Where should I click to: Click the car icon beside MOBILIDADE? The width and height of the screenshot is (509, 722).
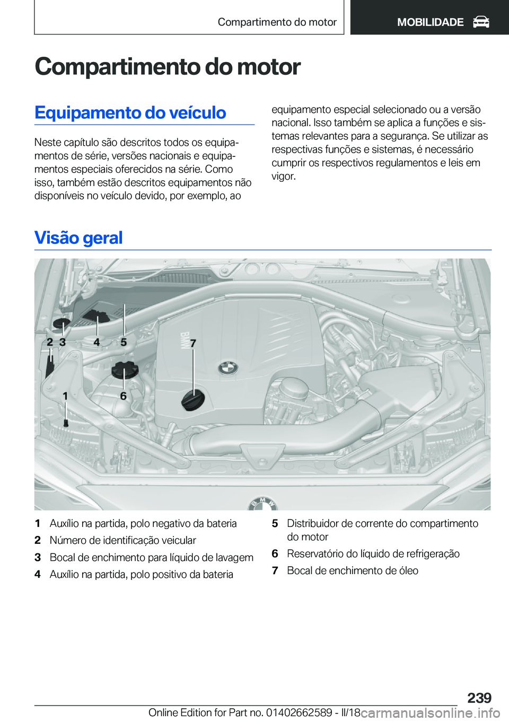pyautogui.click(x=481, y=22)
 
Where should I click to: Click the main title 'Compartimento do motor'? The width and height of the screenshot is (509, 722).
pyautogui.click(x=168, y=67)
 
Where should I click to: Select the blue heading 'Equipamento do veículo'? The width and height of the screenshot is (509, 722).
pyautogui.click(x=130, y=113)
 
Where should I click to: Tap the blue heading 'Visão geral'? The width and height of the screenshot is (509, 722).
pyautogui.click(x=78, y=237)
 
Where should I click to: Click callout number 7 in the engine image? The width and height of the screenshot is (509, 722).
pyautogui.click(x=193, y=344)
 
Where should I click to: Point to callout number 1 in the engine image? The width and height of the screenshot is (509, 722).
pyautogui.click(x=65, y=395)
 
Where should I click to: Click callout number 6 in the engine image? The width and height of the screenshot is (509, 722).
pyautogui.click(x=123, y=395)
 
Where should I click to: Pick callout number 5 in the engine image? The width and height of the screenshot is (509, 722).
pyautogui.click(x=124, y=342)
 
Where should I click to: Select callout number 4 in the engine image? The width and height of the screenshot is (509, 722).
pyautogui.click(x=96, y=342)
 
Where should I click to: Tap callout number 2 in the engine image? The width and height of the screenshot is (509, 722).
pyautogui.click(x=50, y=342)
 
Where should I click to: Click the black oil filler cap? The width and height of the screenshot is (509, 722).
pyautogui.click(x=192, y=400)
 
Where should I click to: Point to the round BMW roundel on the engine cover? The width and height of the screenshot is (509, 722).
pyautogui.click(x=228, y=368)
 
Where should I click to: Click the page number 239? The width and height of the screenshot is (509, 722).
pyautogui.click(x=479, y=698)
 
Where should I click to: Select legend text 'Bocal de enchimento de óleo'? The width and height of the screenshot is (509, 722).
pyautogui.click(x=353, y=570)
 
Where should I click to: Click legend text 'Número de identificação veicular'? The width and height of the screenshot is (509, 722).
pyautogui.click(x=123, y=540)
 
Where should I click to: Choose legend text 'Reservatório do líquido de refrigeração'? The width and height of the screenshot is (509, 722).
pyautogui.click(x=373, y=553)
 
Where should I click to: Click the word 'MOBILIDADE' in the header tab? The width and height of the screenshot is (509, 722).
pyautogui.click(x=430, y=22)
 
